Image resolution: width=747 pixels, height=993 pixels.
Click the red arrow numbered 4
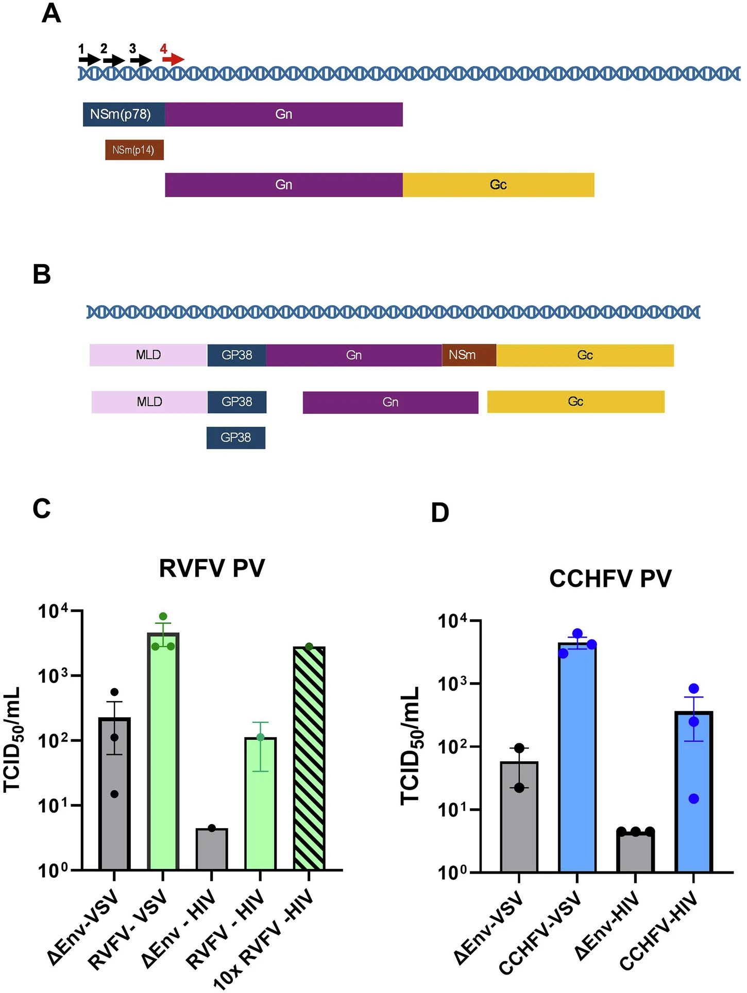click(173, 59)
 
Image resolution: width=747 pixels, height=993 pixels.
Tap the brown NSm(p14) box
click(134, 150)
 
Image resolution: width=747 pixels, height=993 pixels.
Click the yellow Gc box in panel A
click(498, 185)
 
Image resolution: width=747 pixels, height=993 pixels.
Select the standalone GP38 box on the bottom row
click(236, 438)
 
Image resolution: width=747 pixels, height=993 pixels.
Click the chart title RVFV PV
click(212, 569)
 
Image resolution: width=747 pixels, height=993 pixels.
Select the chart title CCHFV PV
click(610, 579)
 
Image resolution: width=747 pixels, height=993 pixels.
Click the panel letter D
click(440, 513)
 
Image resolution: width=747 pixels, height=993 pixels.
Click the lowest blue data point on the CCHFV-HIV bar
click(694, 799)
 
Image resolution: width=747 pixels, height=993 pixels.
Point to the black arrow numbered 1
click(89, 59)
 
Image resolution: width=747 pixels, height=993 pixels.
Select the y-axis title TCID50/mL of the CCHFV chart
click(411, 746)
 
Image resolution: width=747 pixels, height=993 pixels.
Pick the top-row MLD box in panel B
click(148, 355)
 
